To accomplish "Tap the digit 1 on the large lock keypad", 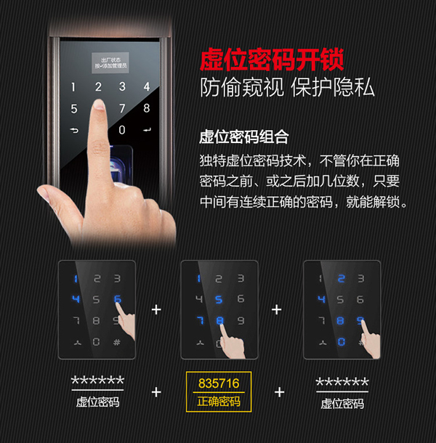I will tap(72, 87).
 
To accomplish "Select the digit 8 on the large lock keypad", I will tap(146, 109).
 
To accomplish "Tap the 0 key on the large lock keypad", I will tap(121, 130).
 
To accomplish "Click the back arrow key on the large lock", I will tap(73, 131).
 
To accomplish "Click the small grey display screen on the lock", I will tap(110, 62).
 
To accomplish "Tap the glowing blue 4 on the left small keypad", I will tap(76, 299).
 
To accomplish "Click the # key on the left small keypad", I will tap(116, 342).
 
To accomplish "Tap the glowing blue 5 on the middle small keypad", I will tap(219, 299).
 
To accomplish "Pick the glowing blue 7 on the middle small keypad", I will tap(198, 320).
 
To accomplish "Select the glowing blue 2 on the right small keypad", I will tap(341, 278).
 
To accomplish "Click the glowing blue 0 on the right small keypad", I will tap(341, 342).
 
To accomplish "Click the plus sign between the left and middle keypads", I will tap(156, 309).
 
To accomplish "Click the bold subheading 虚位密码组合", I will tap(244, 137).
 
